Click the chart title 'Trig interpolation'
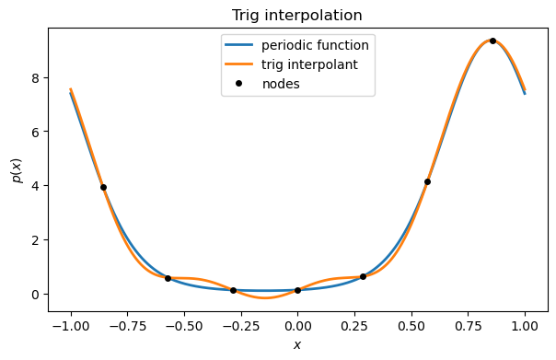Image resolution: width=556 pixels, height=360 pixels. (x=296, y=16)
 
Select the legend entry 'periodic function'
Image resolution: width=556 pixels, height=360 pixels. (x=316, y=45)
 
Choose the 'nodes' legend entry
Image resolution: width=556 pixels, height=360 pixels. (x=281, y=84)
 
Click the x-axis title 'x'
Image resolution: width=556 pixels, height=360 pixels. (x=296, y=345)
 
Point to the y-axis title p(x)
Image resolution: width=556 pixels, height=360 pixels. (x=16, y=169)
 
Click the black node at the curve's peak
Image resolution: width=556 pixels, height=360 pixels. (x=492, y=41)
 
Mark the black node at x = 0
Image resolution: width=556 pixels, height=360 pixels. (x=297, y=290)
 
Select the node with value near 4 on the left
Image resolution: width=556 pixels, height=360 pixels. (x=103, y=187)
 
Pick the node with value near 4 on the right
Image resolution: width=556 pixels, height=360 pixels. (x=427, y=181)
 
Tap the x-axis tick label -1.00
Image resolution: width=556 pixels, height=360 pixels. (x=70, y=325)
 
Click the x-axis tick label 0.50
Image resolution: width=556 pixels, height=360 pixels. (x=411, y=325)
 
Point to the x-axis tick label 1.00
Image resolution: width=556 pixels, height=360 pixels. (x=525, y=325)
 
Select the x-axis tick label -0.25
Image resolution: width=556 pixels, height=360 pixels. (x=240, y=325)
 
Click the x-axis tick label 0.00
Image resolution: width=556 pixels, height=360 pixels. (x=297, y=325)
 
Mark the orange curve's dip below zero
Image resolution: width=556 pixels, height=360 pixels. (x=264, y=297)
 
